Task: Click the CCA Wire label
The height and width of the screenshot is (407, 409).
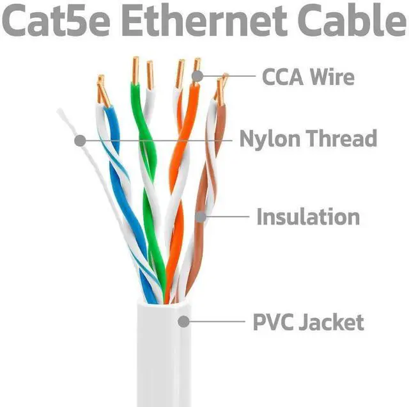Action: (308, 77)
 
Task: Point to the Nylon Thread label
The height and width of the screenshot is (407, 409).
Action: (308, 138)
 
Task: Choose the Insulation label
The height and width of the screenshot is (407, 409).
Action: (308, 216)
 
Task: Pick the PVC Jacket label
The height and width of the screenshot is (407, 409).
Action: (308, 322)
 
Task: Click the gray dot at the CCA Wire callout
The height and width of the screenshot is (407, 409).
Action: (197, 76)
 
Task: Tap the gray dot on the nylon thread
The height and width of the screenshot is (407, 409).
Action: (79, 139)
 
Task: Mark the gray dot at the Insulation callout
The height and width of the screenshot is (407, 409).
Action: (201, 217)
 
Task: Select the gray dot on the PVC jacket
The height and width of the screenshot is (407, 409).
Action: (183, 322)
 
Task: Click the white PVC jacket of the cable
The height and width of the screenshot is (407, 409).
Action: (163, 358)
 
